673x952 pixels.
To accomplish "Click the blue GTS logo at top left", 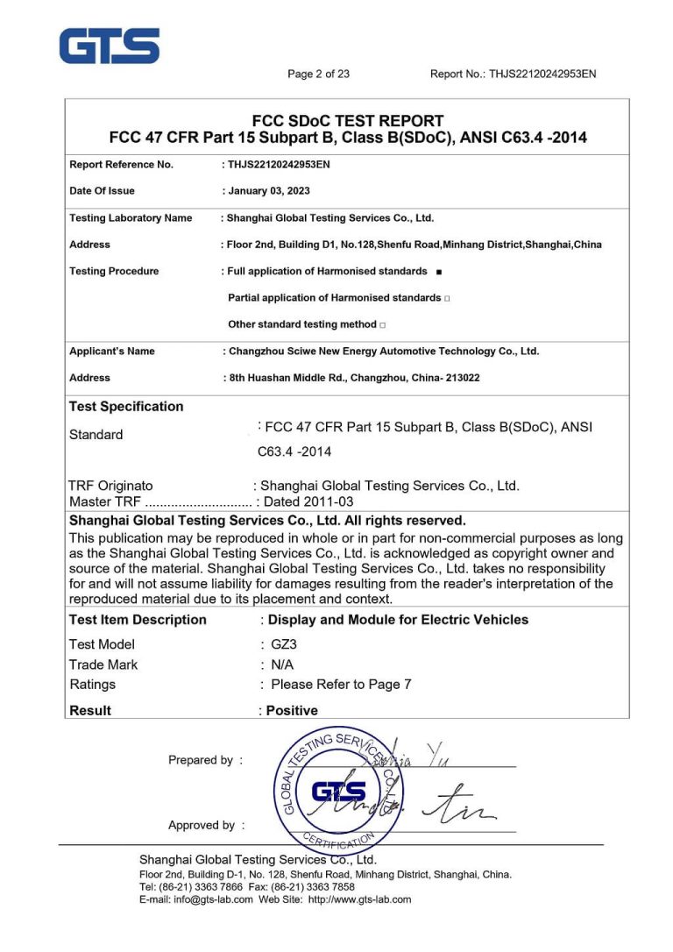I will click(110, 46).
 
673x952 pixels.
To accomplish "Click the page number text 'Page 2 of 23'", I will click(318, 75).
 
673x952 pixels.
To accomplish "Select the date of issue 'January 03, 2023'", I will click(268, 191).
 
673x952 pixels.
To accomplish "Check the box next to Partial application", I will click(447, 299).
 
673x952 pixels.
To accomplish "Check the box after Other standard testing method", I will click(383, 325).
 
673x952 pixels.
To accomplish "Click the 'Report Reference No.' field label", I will click(121, 165).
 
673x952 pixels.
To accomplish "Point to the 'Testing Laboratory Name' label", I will click(131, 218).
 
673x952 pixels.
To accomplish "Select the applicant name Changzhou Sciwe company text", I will click(384, 352).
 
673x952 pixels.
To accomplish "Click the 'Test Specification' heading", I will click(126, 407).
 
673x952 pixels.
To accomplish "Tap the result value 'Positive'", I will click(292, 711).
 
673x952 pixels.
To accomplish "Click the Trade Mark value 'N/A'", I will click(282, 664).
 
